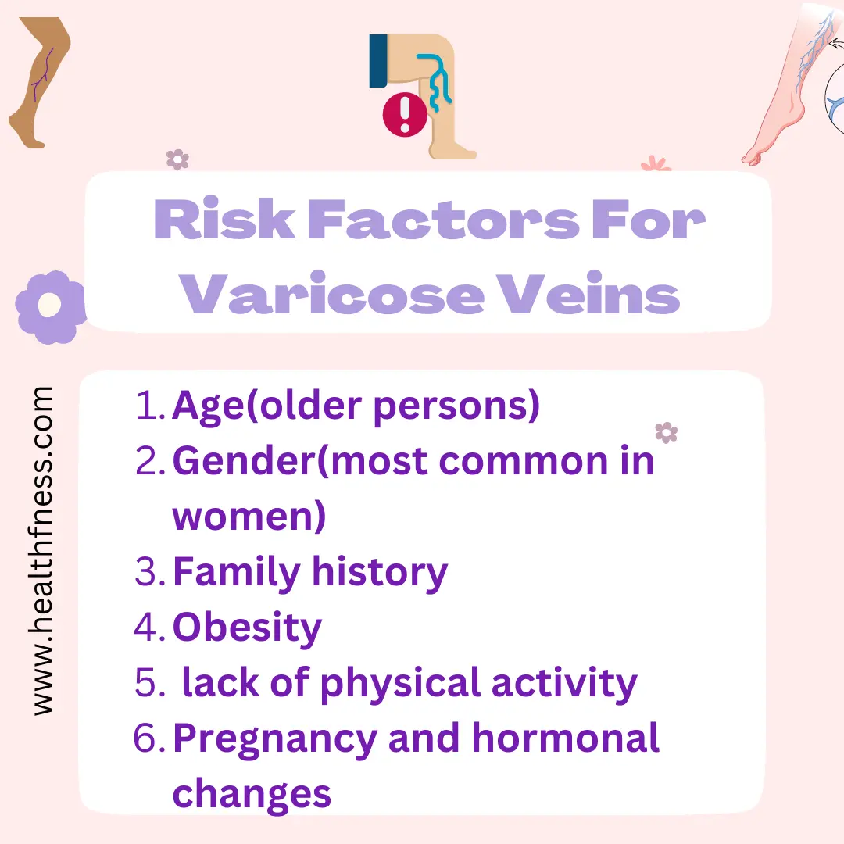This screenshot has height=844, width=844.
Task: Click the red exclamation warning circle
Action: click(405, 114)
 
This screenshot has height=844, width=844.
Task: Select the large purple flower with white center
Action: click(51, 307)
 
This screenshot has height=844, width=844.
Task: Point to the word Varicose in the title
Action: click(331, 293)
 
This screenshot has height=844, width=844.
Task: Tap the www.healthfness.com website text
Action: click(41, 551)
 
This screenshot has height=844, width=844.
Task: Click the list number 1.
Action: click(147, 406)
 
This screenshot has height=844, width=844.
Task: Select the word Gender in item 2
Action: click(245, 461)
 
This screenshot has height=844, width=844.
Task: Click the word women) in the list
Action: click(249, 517)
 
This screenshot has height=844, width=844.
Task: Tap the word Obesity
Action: click(247, 628)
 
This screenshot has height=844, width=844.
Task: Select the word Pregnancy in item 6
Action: click(274, 740)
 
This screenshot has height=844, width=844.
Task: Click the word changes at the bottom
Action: click(252, 796)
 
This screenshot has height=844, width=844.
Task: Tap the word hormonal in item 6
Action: click(565, 738)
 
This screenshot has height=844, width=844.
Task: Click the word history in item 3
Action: click(380, 574)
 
